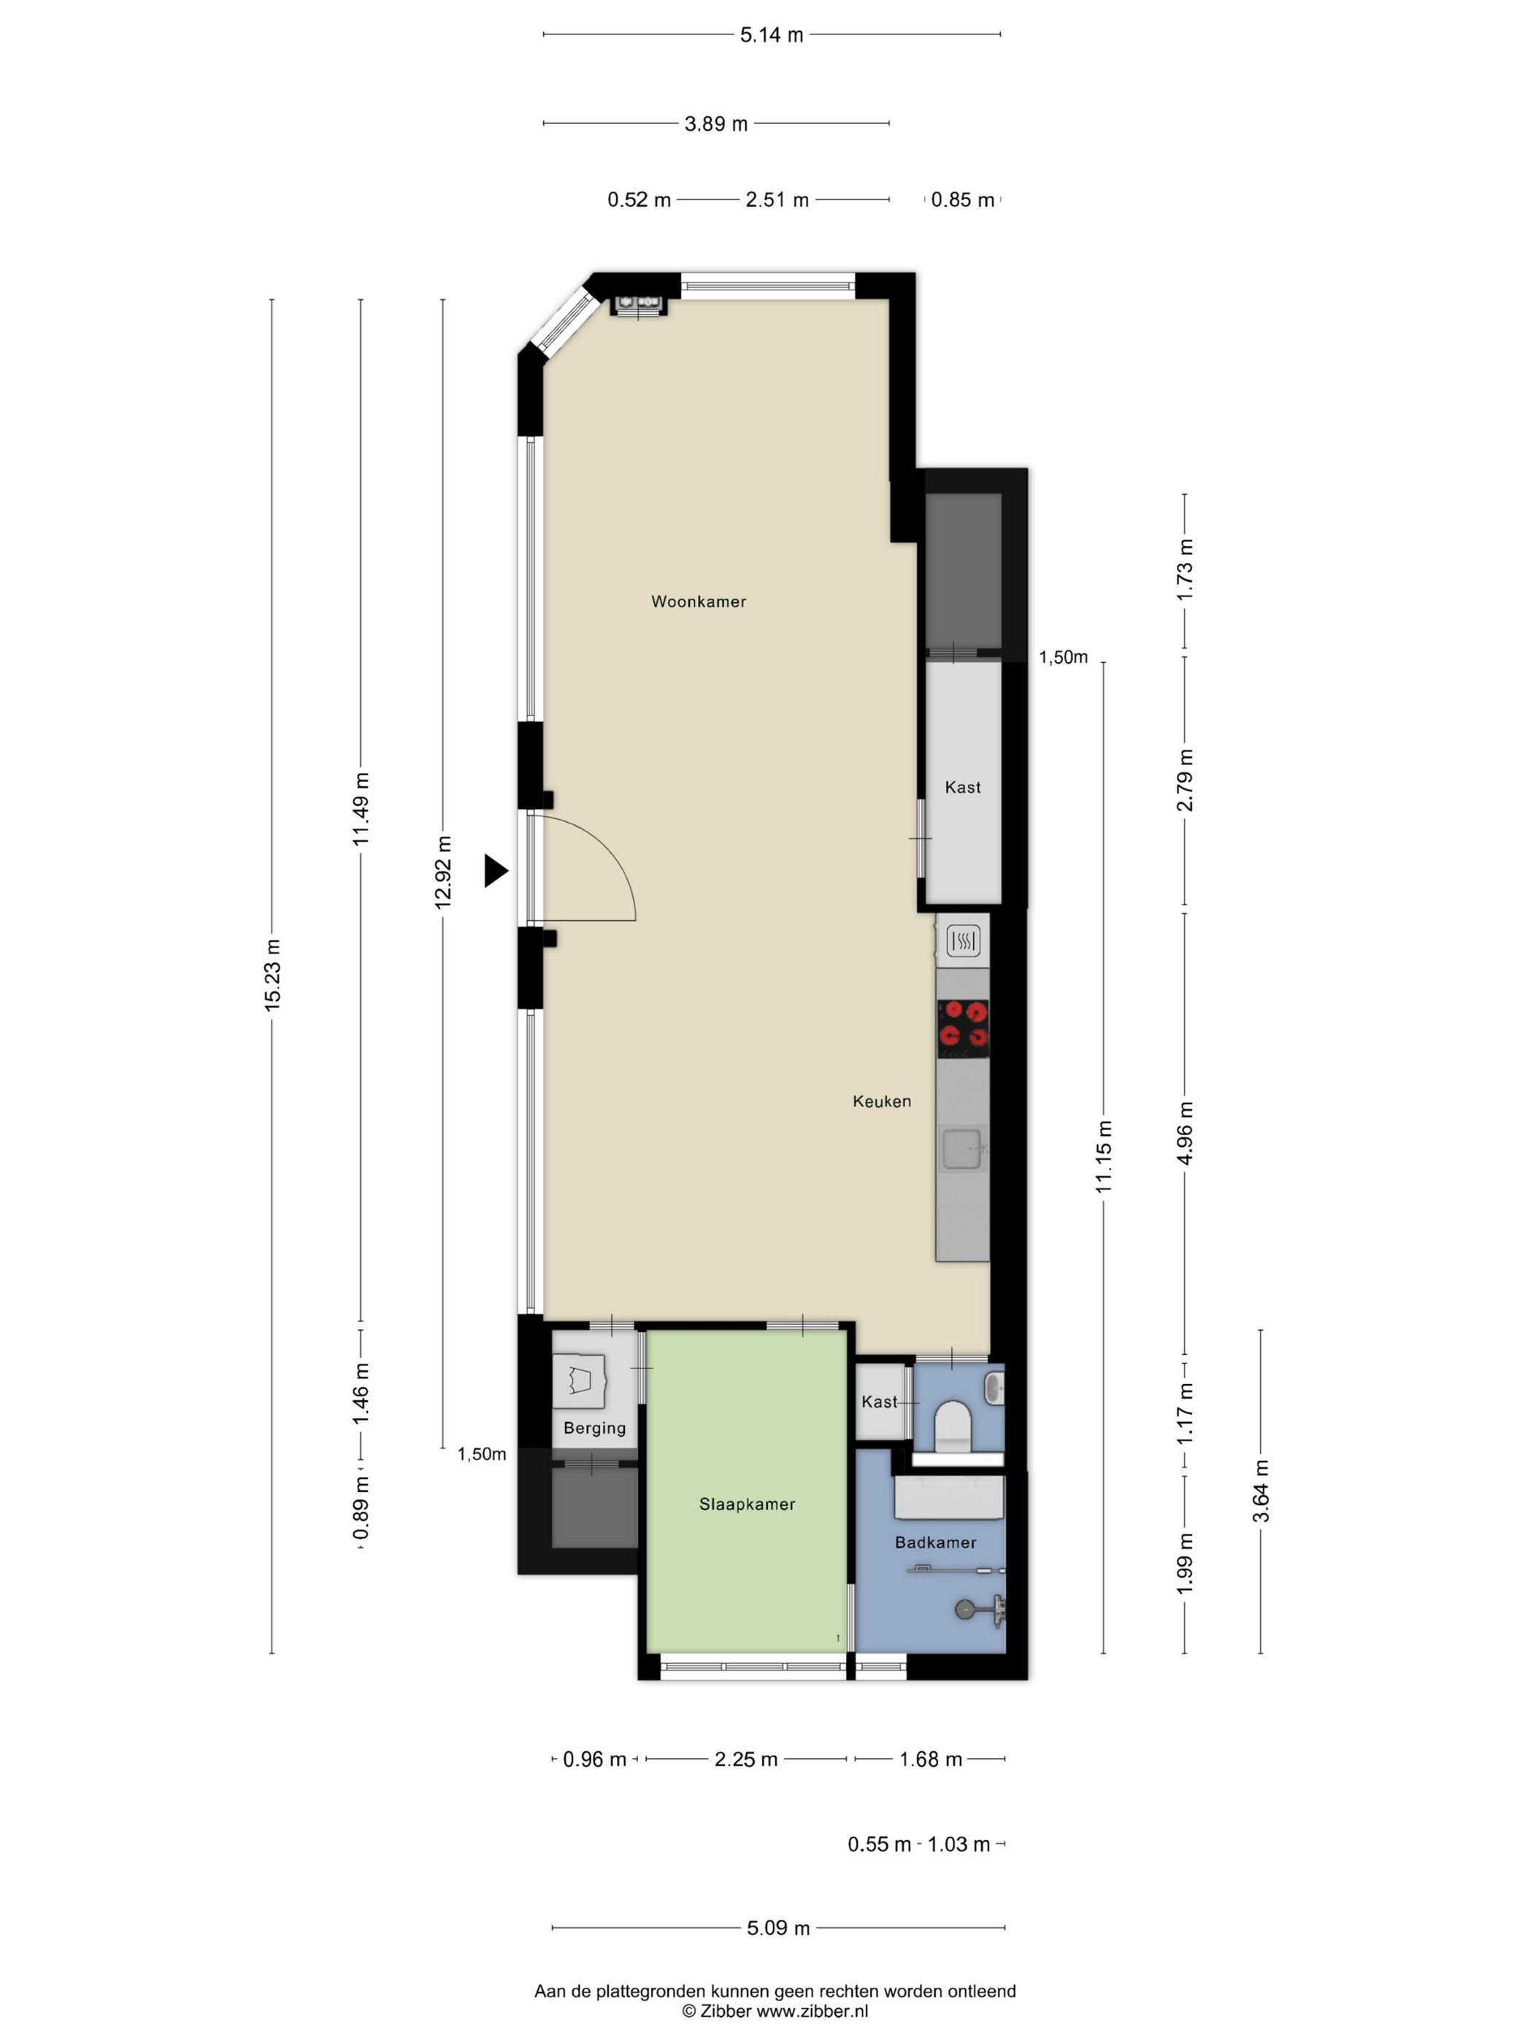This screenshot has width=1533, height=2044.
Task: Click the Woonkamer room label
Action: click(x=699, y=602)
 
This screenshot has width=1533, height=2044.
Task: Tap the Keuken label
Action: click(x=882, y=1102)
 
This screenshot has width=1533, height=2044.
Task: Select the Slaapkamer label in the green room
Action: click(x=747, y=1505)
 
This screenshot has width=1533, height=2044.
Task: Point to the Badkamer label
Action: click(x=935, y=1542)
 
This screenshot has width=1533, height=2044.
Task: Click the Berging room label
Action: click(x=594, y=1429)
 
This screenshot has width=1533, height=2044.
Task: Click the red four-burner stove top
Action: click(x=963, y=1029)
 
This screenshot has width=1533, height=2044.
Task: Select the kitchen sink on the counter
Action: click(x=963, y=1148)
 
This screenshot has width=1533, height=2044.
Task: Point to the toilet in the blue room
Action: click(x=951, y=1426)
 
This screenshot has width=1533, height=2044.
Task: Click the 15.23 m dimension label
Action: click(x=272, y=975)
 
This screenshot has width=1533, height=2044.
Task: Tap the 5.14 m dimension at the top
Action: click(x=772, y=35)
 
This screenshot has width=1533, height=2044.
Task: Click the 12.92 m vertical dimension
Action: click(x=444, y=872)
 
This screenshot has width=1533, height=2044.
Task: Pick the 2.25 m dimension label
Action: click(x=746, y=1759)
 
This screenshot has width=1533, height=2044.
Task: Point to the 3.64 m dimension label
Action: click(x=1261, y=1491)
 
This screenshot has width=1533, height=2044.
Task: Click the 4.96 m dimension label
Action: click(x=1186, y=1133)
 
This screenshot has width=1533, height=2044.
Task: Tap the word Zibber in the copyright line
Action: click(x=726, y=2010)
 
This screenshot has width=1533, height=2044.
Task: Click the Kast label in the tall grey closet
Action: click(x=963, y=787)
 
